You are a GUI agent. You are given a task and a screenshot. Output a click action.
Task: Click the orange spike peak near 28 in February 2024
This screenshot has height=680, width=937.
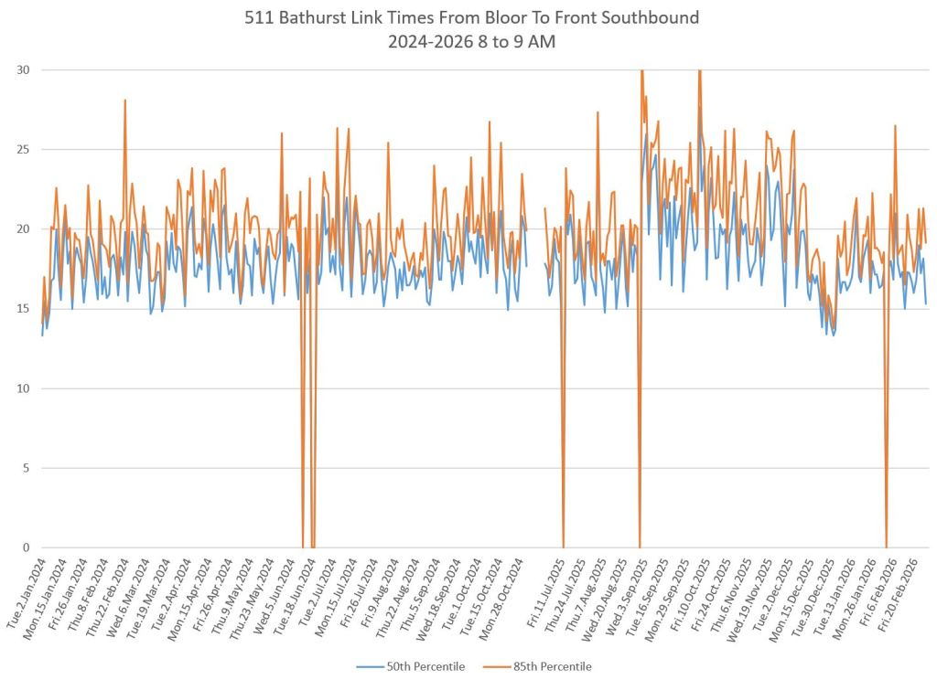pyautogui.click(x=124, y=100)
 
